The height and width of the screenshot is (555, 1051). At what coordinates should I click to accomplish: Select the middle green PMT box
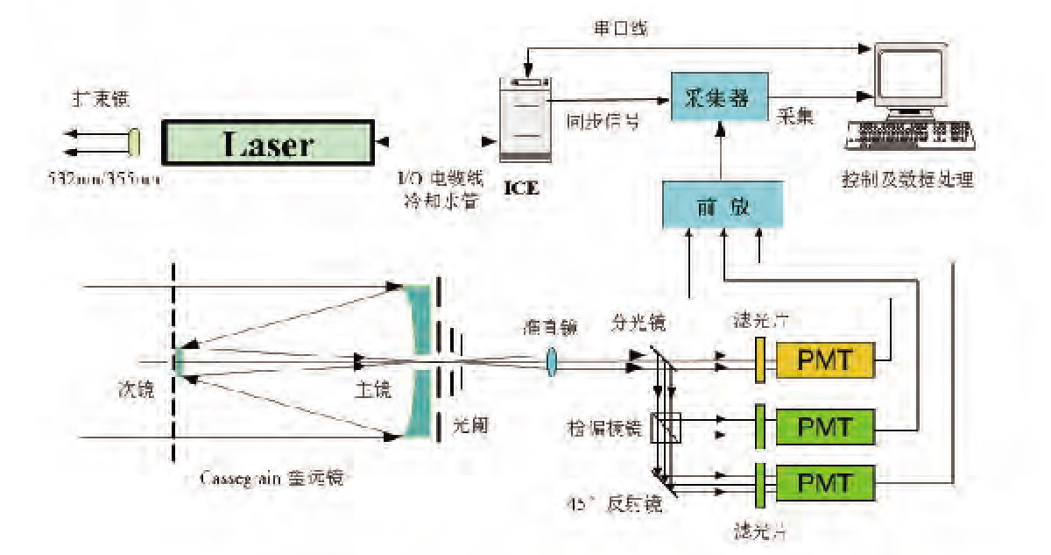(x=825, y=427)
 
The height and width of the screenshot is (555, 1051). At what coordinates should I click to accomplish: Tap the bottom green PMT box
(x=825, y=482)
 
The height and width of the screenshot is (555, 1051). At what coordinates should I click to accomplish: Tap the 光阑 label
(x=469, y=423)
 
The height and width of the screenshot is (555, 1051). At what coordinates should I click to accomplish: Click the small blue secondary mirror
(x=177, y=360)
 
